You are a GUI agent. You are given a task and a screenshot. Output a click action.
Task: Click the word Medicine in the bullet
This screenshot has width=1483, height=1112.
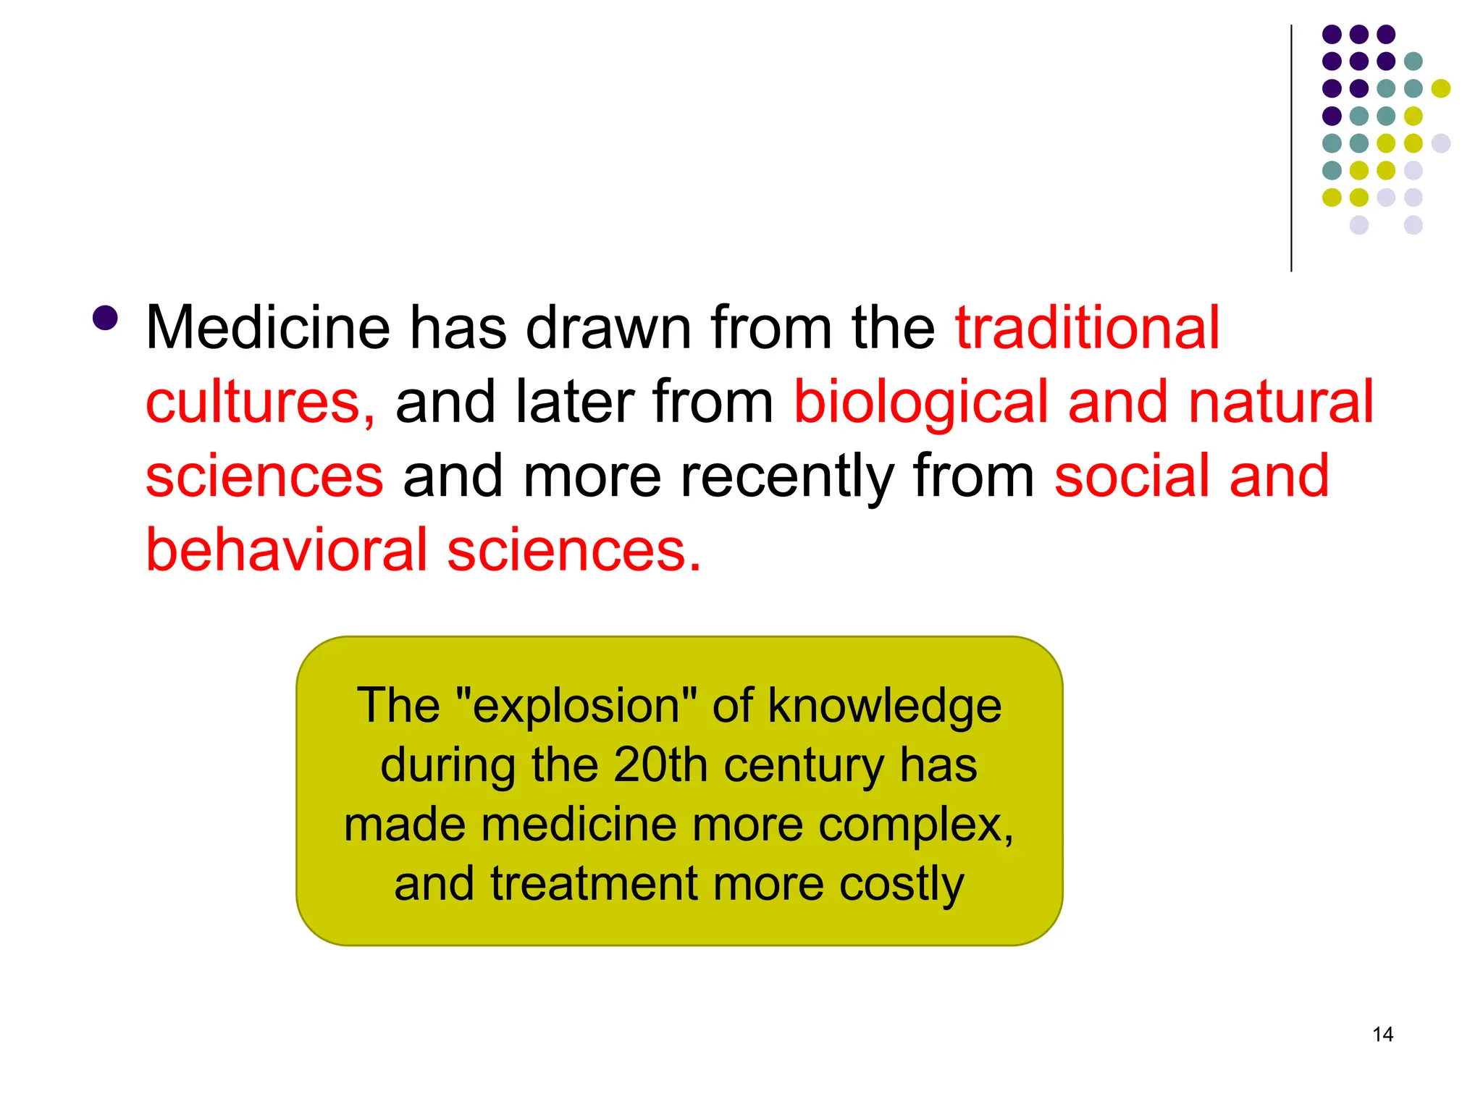click(268, 329)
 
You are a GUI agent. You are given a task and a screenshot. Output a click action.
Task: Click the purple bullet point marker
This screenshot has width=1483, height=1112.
click(106, 318)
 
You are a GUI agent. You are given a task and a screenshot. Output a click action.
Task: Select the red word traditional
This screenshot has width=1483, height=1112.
click(1087, 329)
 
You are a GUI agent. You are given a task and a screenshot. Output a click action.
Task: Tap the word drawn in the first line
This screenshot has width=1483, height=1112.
click(608, 329)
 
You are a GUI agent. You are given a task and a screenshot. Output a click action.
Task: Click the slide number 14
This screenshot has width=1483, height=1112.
click(1382, 1035)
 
